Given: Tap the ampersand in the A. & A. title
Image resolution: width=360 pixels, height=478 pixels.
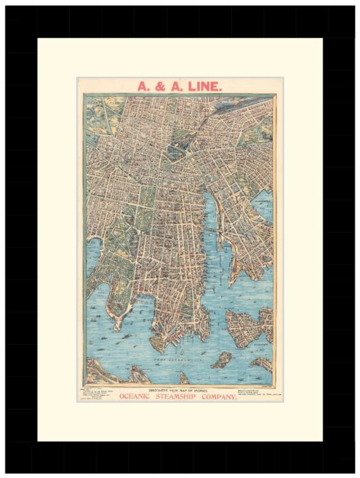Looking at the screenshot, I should [x=160, y=86].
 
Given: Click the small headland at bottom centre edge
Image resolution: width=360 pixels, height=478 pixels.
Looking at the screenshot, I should [x=185, y=377].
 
